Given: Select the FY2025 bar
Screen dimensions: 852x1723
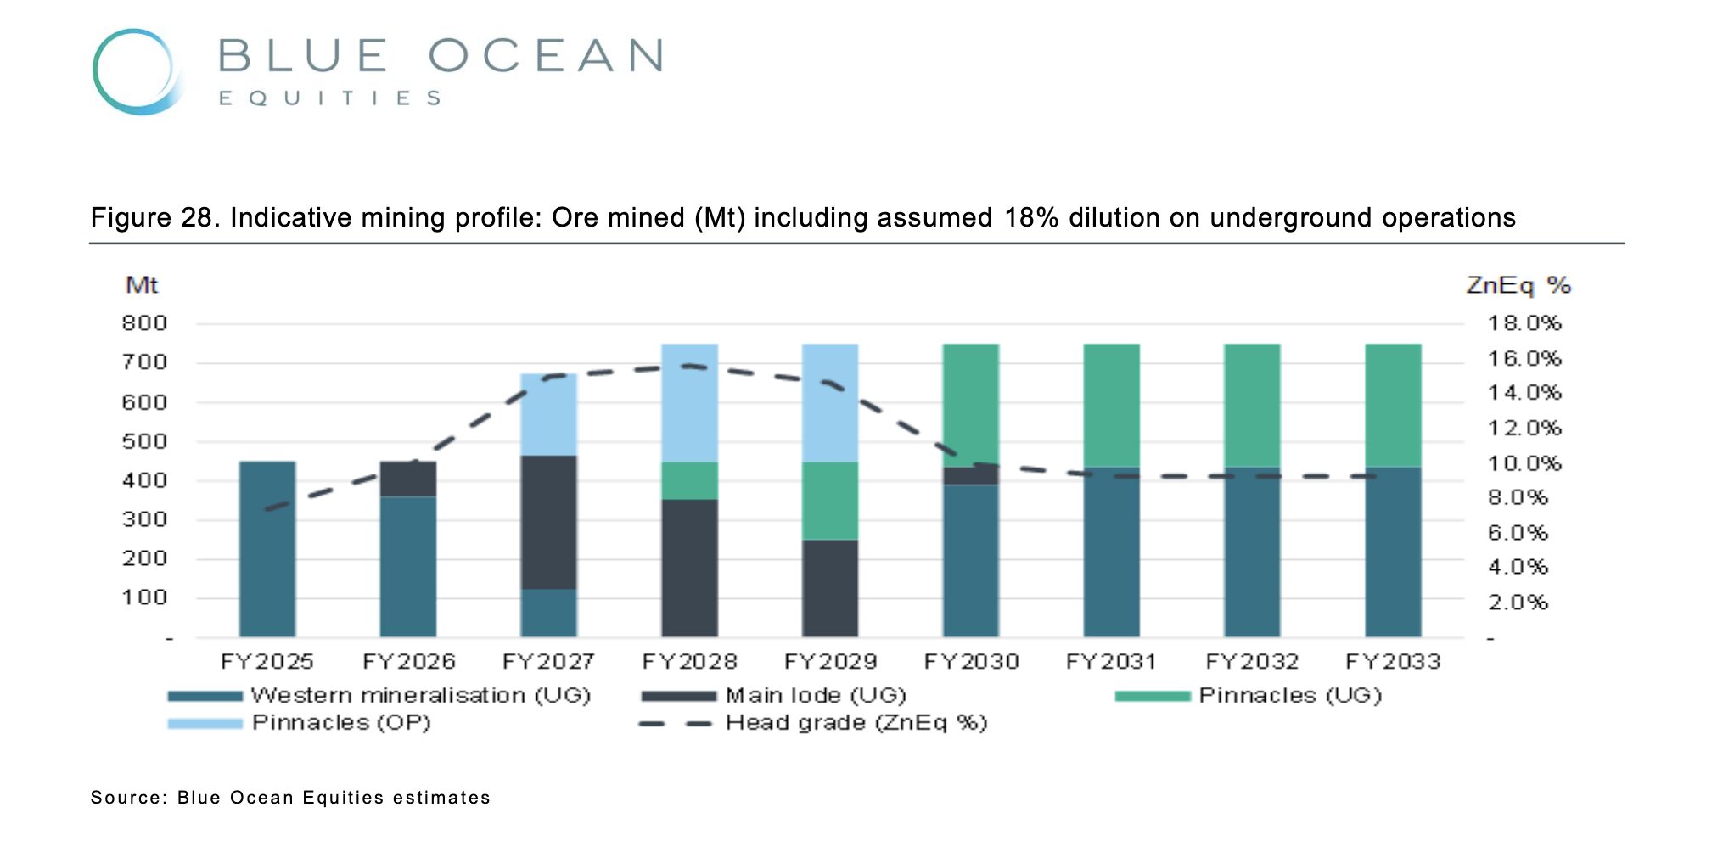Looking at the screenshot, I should click(267, 549).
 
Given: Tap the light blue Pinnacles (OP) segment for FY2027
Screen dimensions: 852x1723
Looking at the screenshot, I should click(548, 414).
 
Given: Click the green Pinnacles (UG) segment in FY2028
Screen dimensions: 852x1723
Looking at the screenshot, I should click(689, 480).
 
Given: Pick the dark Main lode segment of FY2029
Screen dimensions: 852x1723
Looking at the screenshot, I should click(830, 588).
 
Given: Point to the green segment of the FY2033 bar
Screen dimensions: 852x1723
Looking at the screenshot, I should click(1393, 405).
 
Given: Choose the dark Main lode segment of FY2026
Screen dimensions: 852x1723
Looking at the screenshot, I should click(408, 479).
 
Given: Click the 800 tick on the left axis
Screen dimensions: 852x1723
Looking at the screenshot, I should click(144, 323).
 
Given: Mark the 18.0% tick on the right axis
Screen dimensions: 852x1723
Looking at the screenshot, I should click(1524, 323).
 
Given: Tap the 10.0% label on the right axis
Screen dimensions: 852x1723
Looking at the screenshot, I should click(1524, 463).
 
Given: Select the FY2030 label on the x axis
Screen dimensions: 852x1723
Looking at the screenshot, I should click(971, 662).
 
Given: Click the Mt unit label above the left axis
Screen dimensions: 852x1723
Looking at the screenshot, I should click(142, 285).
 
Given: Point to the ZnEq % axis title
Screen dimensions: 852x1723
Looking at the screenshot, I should click(1518, 285).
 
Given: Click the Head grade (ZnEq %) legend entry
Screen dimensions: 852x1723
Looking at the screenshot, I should click(856, 723).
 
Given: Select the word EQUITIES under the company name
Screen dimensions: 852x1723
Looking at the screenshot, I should click(330, 98).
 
